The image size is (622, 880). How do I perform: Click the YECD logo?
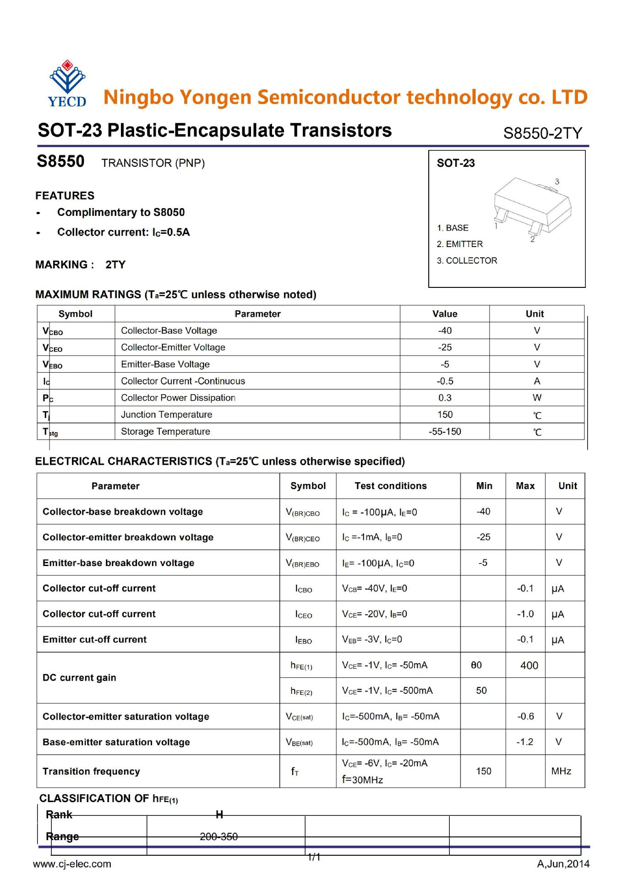pyautogui.click(x=67, y=83)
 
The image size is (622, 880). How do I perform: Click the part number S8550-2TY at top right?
pyautogui.click(x=542, y=133)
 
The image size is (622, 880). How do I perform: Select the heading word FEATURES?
pyautogui.click(x=65, y=196)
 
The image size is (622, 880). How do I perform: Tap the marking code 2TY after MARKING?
pyautogui.click(x=115, y=264)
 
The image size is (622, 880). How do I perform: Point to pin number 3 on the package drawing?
pyautogui.click(x=557, y=181)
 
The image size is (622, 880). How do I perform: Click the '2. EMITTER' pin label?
pyautogui.click(x=459, y=244)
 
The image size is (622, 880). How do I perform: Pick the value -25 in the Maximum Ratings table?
pyautogui.click(x=444, y=347)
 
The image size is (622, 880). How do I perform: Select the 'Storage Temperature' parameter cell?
pyautogui.click(x=165, y=431)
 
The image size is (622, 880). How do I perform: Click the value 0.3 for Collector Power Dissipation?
pyautogui.click(x=444, y=398)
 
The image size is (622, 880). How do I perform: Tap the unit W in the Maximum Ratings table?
pyautogui.click(x=537, y=398)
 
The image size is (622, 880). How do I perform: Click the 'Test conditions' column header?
pyautogui.click(x=390, y=486)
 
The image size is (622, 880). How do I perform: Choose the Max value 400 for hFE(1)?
pyautogui.click(x=529, y=665)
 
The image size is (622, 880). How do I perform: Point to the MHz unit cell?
pyautogui.click(x=561, y=771)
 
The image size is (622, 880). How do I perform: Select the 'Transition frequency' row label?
pyautogui.click(x=91, y=771)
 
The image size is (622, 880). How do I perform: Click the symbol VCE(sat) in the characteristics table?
pyautogui.click(x=300, y=717)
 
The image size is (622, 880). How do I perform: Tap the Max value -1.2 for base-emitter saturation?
pyautogui.click(x=525, y=742)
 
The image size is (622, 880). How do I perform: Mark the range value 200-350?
pyautogui.click(x=219, y=837)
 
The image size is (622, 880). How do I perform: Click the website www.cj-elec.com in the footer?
pyautogui.click(x=72, y=864)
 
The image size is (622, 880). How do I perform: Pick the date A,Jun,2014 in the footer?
pyautogui.click(x=563, y=864)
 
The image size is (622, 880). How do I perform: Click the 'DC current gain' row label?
pyautogui.click(x=79, y=678)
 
